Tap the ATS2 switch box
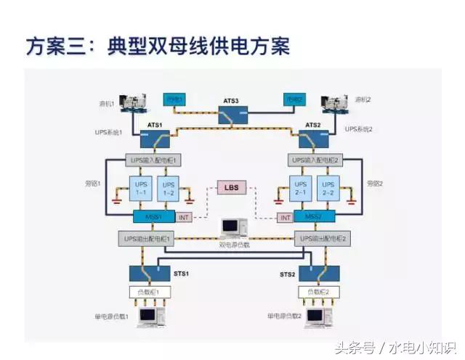[x=314, y=137]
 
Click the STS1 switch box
[x=150, y=274]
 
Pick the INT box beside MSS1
[x=184, y=217]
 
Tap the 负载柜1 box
[x=150, y=292]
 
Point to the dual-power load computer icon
[x=232, y=228]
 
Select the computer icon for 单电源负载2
[x=315, y=316]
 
